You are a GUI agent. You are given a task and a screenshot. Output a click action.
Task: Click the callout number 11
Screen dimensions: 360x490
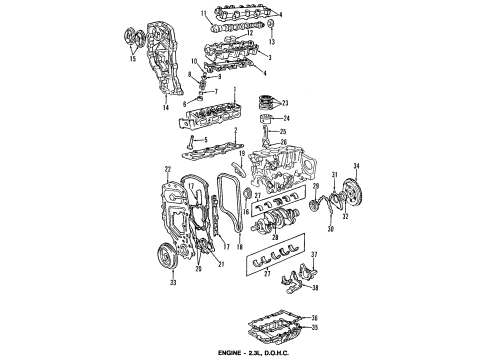(x=204, y=13)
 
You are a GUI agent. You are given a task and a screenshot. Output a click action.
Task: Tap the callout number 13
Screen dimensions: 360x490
(x=272, y=45)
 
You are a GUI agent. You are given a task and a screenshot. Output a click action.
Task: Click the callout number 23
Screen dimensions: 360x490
(x=285, y=104)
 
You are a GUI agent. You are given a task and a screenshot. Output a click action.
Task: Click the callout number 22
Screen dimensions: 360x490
(x=167, y=169)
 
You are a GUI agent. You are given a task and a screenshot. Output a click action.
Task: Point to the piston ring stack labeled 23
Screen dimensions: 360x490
(x=266, y=102)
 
